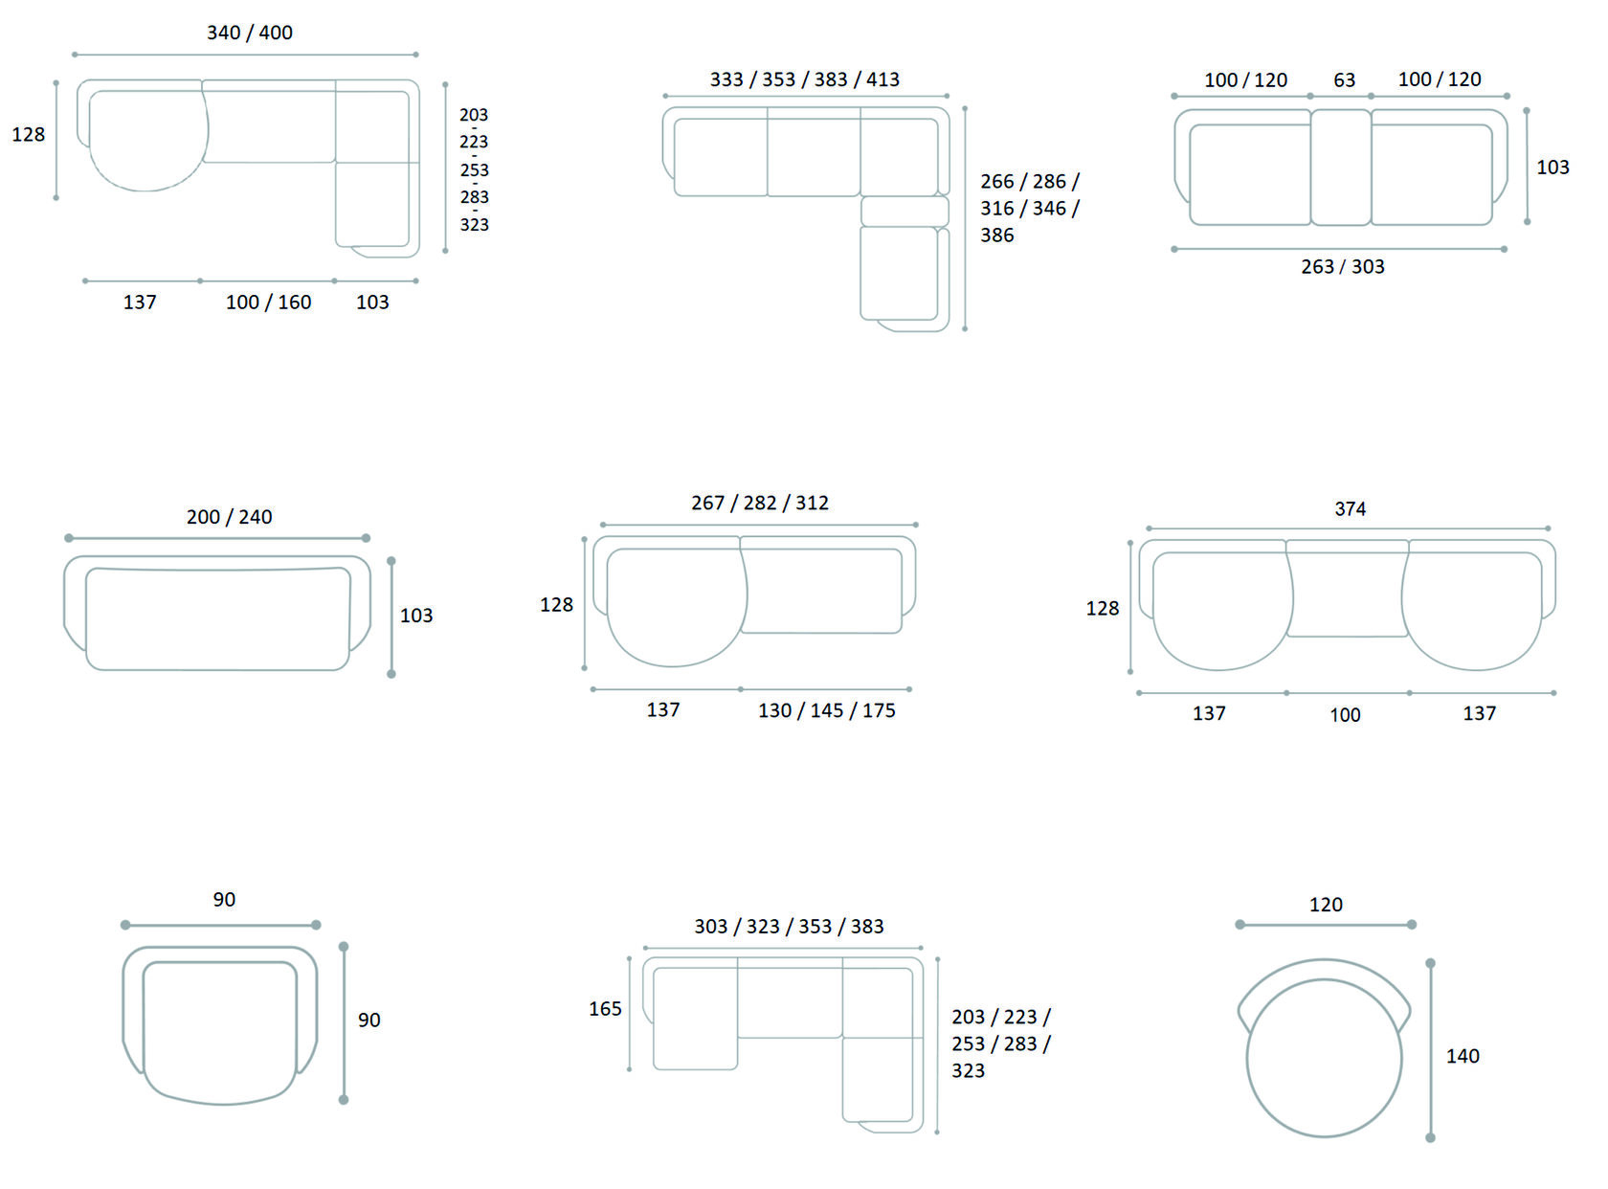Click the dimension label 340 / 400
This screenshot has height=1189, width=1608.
[x=250, y=33]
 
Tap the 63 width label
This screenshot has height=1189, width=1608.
[x=1344, y=79]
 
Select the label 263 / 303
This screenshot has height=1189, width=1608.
[x=1342, y=267]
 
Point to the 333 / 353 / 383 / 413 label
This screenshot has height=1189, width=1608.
[x=804, y=79]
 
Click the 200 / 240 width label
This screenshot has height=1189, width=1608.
[x=229, y=517]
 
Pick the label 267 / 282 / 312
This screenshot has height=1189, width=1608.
[x=759, y=503]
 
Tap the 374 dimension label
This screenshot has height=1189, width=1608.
[x=1350, y=509]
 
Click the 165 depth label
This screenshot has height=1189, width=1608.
[x=605, y=1008]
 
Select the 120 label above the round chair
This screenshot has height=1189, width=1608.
[x=1326, y=905]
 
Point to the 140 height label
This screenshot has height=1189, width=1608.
[x=1463, y=1056]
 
